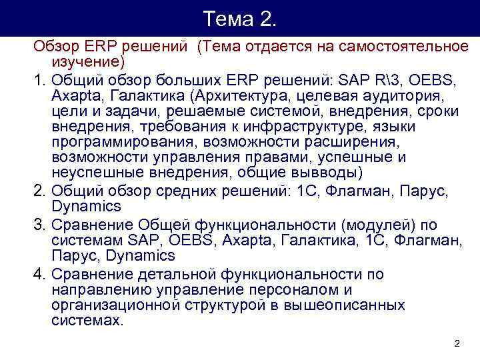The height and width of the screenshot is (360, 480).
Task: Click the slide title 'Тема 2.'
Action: click(x=240, y=18)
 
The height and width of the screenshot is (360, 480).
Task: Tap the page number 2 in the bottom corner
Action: click(x=457, y=343)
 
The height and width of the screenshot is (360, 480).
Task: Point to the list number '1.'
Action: click(x=39, y=81)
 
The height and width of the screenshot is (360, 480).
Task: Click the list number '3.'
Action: click(x=39, y=223)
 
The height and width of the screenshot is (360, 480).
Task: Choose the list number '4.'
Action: click(x=39, y=274)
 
